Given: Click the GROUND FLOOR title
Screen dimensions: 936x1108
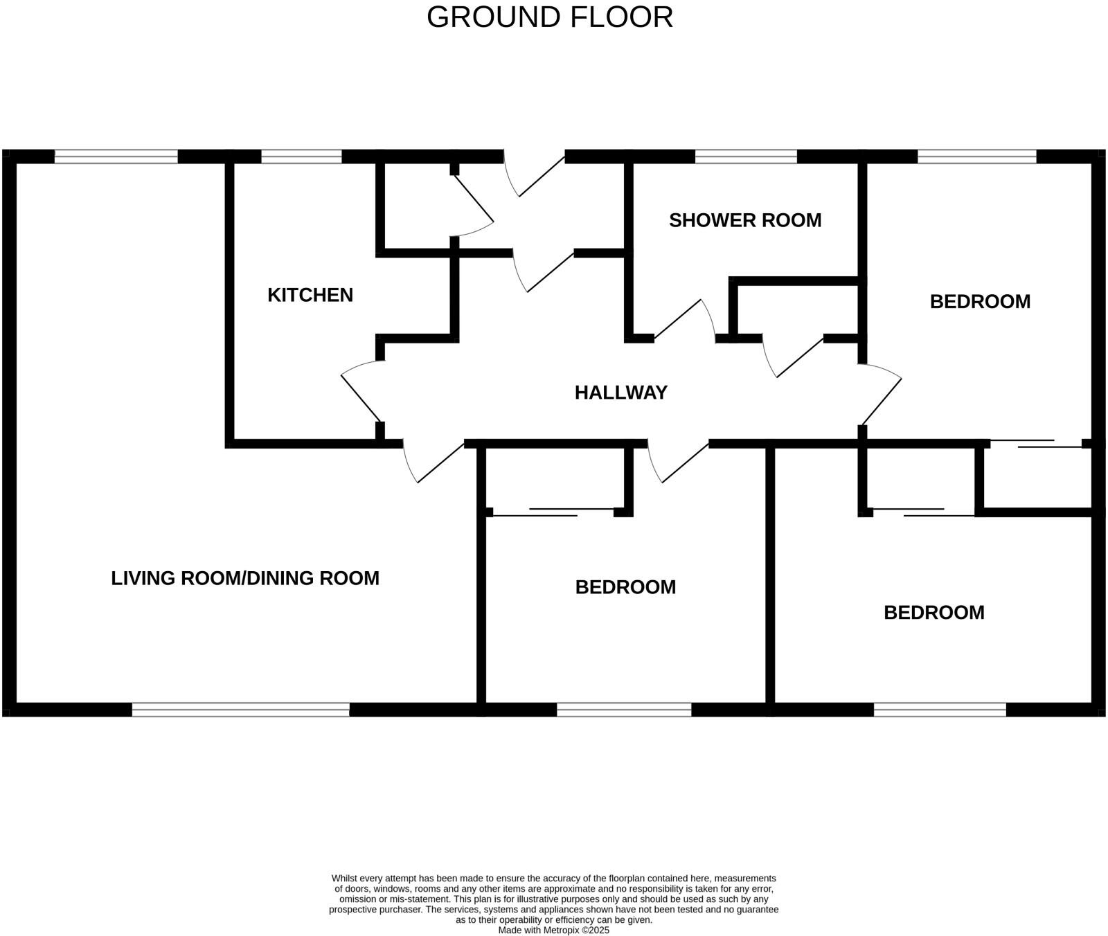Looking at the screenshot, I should pyautogui.click(x=549, y=17).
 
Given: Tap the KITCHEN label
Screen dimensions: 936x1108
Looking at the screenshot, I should pyautogui.click(x=310, y=295).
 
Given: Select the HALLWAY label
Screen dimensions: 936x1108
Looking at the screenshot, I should pyautogui.click(x=620, y=393).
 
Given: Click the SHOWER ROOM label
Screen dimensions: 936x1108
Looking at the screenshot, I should pyautogui.click(x=745, y=220).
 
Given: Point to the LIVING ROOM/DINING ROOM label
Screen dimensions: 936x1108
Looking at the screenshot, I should pyautogui.click(x=245, y=578).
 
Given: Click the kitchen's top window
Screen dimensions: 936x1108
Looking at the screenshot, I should pyautogui.click(x=301, y=157).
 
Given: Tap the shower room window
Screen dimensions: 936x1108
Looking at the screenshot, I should pyautogui.click(x=746, y=157).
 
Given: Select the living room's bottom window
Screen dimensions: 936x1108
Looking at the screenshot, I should pyautogui.click(x=240, y=710).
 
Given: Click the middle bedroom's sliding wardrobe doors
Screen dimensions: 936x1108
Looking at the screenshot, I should pyautogui.click(x=554, y=512).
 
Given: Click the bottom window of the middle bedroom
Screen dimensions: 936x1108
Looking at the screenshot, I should pyautogui.click(x=624, y=710).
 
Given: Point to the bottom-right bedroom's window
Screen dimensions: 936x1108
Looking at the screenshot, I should pyautogui.click(x=939, y=710).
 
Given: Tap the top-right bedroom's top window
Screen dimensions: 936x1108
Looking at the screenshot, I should pyautogui.click(x=976, y=157).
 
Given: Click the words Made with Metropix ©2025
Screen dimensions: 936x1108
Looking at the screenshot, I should pyautogui.click(x=553, y=930).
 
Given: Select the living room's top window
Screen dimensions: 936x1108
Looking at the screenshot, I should pyautogui.click(x=116, y=157).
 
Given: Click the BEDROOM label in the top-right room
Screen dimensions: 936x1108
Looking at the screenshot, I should pyautogui.click(x=979, y=302).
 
